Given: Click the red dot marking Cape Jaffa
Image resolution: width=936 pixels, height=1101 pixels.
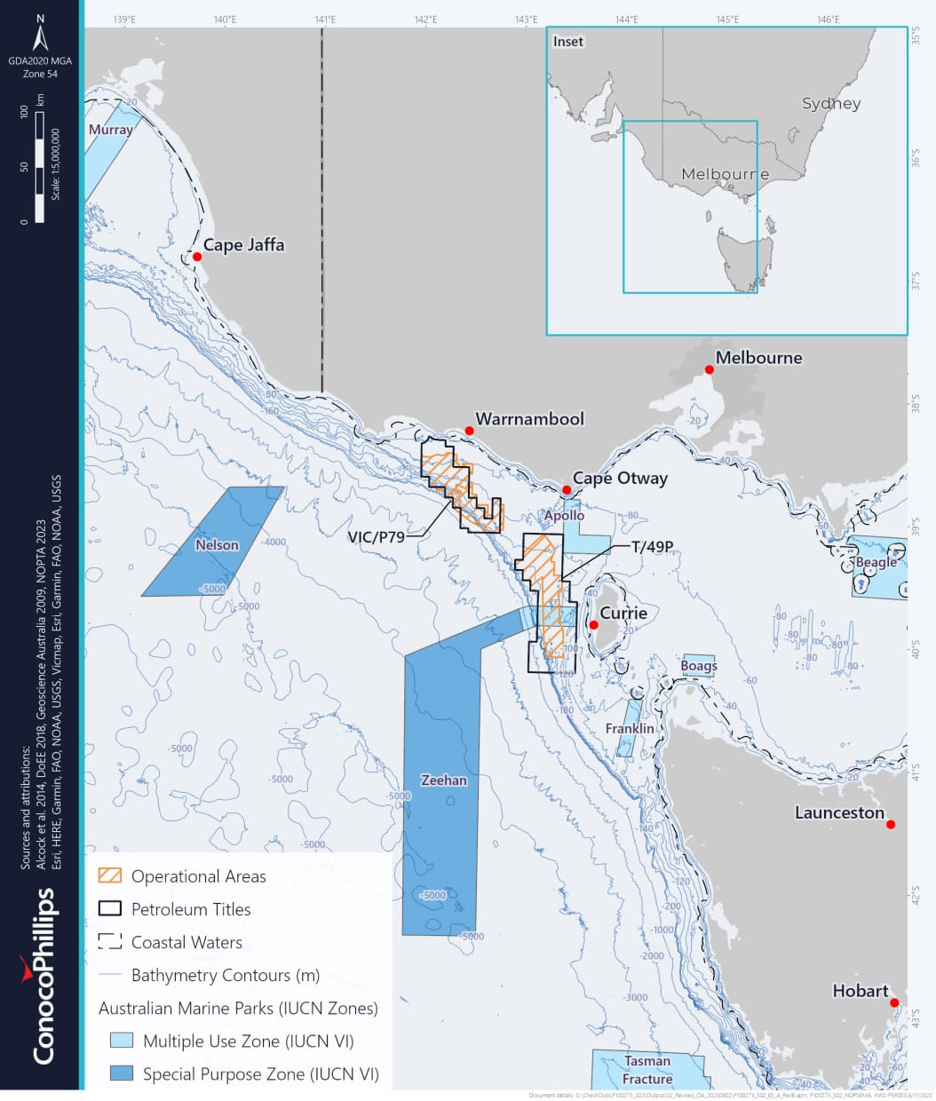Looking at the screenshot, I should [x=197, y=257].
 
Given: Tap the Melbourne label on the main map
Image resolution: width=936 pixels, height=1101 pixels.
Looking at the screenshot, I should [x=758, y=358].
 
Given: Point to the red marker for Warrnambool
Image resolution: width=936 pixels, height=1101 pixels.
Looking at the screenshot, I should [x=469, y=431].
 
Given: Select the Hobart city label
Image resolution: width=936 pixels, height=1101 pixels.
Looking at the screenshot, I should [x=860, y=991].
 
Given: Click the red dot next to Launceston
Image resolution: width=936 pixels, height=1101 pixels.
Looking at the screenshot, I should [x=891, y=825].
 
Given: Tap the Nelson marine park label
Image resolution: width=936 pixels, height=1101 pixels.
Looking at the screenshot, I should [x=217, y=545].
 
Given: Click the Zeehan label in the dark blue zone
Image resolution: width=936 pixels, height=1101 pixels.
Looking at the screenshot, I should [x=443, y=780].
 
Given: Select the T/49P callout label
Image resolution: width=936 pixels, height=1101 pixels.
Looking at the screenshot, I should [x=652, y=547].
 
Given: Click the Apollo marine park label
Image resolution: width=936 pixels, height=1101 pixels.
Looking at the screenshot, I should [x=564, y=515].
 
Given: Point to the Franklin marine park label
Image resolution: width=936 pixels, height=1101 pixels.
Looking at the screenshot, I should [x=629, y=728].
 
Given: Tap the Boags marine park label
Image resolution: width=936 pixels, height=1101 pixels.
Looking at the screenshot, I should [x=698, y=665].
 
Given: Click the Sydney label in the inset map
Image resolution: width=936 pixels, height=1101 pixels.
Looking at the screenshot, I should [x=831, y=104].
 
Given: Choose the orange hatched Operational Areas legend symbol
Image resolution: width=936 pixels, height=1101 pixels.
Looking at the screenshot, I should [x=110, y=875].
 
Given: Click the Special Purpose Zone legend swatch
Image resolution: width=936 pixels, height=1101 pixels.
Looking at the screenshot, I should [x=121, y=1073].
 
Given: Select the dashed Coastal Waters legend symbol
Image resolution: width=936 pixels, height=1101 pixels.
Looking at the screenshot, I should [x=110, y=942].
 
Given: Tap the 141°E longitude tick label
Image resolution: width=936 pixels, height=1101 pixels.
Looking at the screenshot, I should [x=325, y=19].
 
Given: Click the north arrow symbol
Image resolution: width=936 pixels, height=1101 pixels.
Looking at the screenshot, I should [x=41, y=38].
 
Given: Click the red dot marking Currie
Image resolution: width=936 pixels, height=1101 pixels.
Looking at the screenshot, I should [x=593, y=625].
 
